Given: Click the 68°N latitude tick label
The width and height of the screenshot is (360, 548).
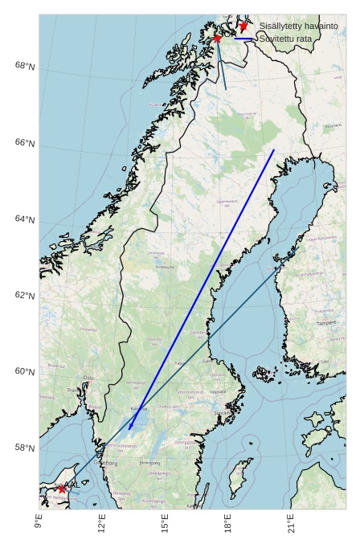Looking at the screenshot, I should point(25,66).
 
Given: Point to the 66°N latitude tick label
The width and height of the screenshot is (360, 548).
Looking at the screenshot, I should point(25,143).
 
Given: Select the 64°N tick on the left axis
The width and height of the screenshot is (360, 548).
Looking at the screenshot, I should point(25,219).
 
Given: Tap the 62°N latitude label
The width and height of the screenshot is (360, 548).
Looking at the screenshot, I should point(25,296).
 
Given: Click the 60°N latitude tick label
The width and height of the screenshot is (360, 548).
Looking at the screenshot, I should point(25,372).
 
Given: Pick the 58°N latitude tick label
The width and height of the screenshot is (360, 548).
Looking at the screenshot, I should point(25,448).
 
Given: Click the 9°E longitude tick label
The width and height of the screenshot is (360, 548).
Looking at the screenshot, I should point(39,522).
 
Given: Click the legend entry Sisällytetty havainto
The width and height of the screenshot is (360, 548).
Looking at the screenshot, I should point(298,27).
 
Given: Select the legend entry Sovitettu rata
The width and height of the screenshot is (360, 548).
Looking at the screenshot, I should point(287,39).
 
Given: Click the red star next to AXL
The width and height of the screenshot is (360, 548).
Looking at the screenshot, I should point(62,489).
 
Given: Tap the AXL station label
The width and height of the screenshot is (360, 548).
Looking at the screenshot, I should point(72,485).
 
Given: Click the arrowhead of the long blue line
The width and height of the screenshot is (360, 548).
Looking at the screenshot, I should point(130,427).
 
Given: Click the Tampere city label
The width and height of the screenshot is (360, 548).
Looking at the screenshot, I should point(326,323).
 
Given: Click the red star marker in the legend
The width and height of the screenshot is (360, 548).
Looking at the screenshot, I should point(243,26).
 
